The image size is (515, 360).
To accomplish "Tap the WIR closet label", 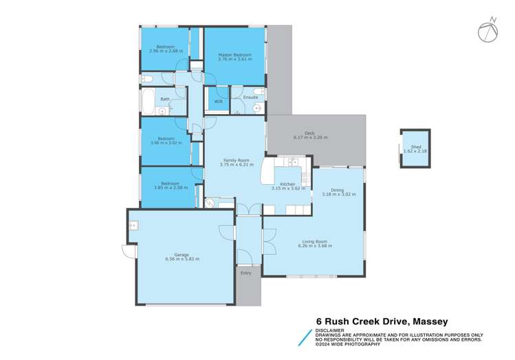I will click(x=218, y=102).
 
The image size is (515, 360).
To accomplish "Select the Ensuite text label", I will click(x=250, y=98).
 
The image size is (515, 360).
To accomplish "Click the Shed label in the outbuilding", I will click(x=416, y=146).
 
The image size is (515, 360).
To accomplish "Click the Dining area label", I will click(x=337, y=190).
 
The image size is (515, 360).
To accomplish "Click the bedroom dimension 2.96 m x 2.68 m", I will click(x=164, y=51).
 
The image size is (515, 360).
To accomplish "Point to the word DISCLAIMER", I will click(x=330, y=330).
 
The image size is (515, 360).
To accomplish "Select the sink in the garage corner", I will click(x=134, y=224).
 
